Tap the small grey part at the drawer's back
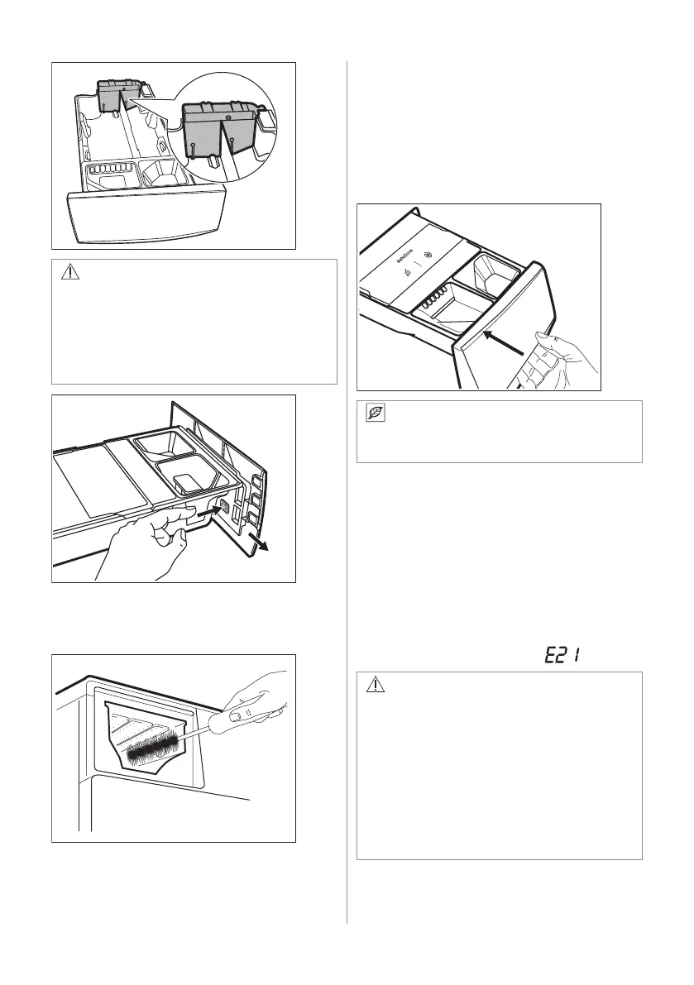115,96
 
